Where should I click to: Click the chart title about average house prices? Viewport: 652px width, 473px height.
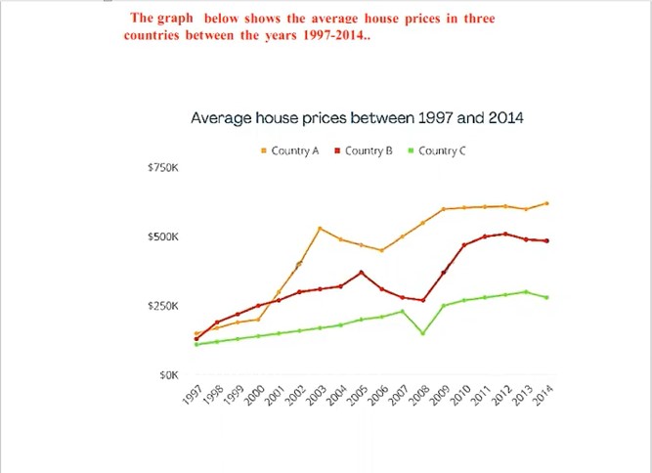coord(357,118)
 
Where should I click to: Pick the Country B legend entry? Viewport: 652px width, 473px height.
coord(364,150)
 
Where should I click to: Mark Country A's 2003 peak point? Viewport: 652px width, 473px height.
coord(320,229)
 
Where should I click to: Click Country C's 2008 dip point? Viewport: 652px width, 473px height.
coord(422,333)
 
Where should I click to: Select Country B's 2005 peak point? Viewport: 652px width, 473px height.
coord(361,273)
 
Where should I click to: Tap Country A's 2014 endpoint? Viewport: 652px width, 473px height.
coord(546,203)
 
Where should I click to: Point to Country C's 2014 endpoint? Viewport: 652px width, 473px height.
coord(546,297)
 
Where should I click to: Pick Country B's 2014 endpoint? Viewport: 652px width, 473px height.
coord(546,240)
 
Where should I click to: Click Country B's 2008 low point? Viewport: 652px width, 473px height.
coord(422,300)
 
